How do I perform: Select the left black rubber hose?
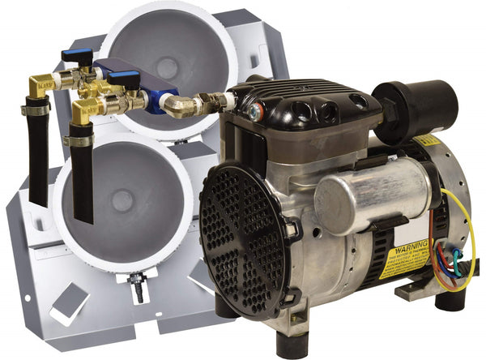(37, 162)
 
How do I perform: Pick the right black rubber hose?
(82, 182)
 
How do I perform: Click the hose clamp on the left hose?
(35, 108)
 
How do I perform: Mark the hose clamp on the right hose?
(78, 141)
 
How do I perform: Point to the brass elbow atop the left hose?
(38, 86)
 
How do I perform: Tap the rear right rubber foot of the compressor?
(450, 299)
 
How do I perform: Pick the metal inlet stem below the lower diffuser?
(139, 287)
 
